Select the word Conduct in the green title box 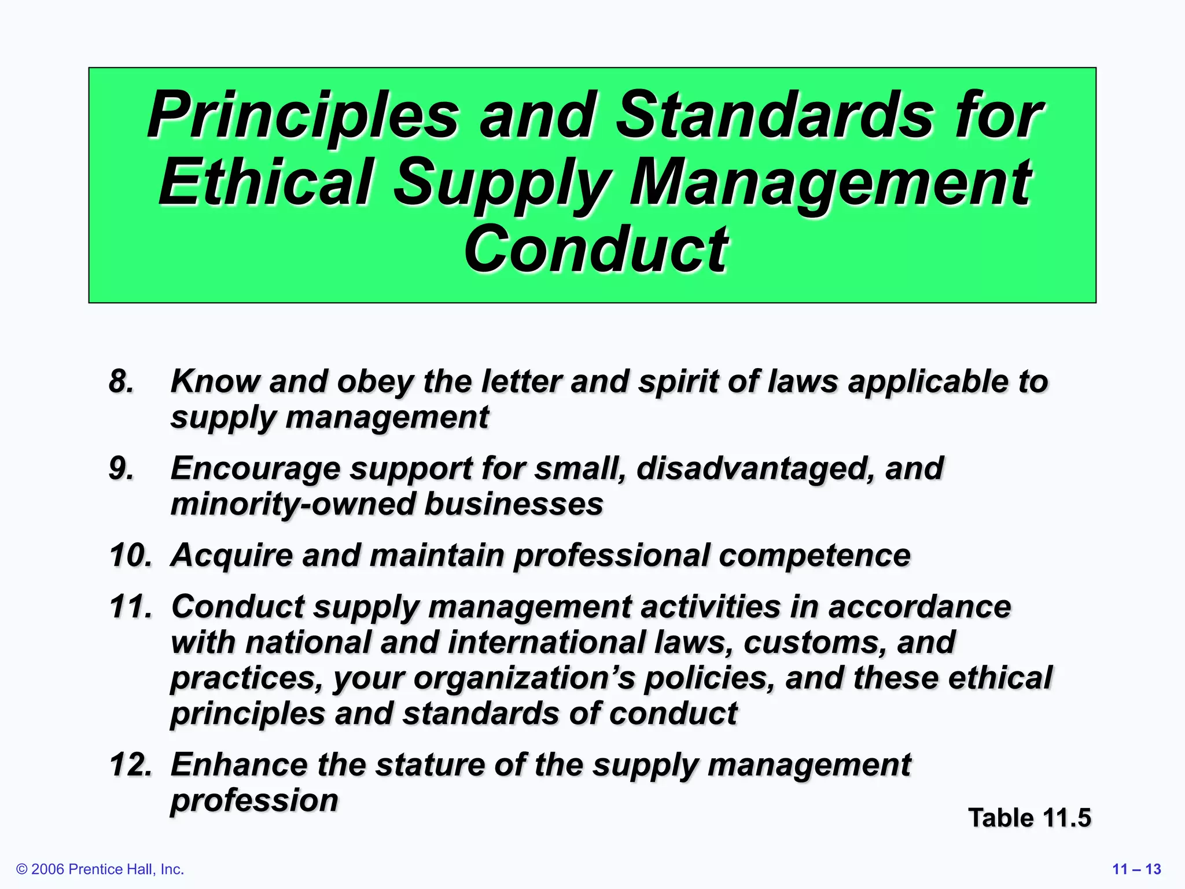(x=595, y=249)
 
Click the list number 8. (x=122, y=382)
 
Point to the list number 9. (x=122, y=469)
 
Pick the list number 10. (x=131, y=556)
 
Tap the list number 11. (x=131, y=607)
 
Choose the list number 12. (x=131, y=765)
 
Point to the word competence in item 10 (x=814, y=556)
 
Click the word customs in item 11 (x=815, y=643)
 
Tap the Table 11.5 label (x=1029, y=818)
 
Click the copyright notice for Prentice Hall (x=100, y=869)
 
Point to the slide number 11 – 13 (x=1136, y=869)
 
